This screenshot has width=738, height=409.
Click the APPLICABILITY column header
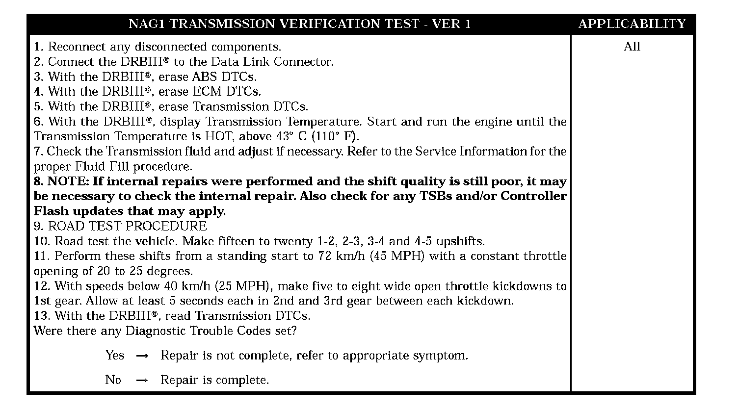tap(632, 24)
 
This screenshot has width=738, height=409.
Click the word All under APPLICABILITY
tap(632, 47)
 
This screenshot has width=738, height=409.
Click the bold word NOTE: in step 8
tap(68, 181)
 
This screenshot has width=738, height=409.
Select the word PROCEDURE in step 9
tap(167, 226)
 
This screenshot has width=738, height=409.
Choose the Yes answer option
tap(115, 356)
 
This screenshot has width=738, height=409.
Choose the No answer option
tap(113, 380)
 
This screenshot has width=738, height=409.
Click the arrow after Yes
tap(141, 356)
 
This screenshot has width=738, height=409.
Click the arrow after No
tap(141, 381)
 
